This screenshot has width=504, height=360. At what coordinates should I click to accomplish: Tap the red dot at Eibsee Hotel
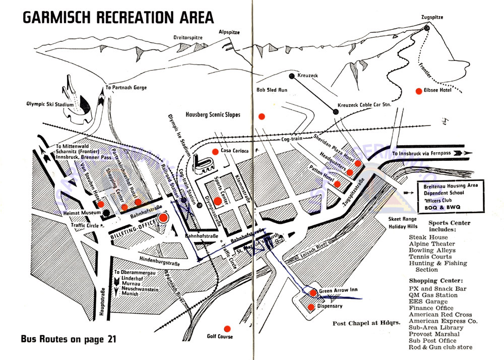418,91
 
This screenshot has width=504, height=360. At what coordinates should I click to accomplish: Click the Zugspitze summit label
432,17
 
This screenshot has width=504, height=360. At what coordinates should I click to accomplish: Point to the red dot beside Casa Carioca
215,151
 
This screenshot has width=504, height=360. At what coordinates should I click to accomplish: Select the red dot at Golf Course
227,328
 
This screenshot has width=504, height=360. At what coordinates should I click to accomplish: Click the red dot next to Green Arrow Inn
313,292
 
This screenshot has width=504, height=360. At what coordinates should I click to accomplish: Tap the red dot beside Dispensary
311,307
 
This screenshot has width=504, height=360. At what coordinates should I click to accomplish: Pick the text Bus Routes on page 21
69,339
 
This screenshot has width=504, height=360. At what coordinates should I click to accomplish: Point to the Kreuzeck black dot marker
291,76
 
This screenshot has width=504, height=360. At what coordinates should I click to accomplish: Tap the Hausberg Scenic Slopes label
213,115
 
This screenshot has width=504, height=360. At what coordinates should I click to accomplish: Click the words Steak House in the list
428,237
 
